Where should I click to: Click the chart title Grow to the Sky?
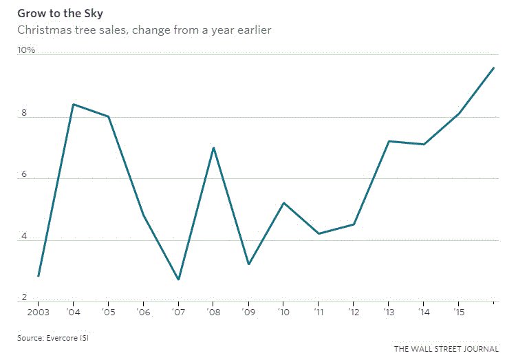click(56, 13)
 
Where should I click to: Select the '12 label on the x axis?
click(353, 313)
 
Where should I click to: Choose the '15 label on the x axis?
click(457, 313)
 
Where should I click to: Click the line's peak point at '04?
click(74, 105)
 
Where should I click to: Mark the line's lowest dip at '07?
click(178, 279)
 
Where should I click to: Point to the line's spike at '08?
click(213, 148)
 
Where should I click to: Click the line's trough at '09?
click(248, 264)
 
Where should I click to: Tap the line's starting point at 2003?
click(39, 276)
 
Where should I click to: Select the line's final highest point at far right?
click(493, 67)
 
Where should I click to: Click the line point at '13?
click(389, 141)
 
